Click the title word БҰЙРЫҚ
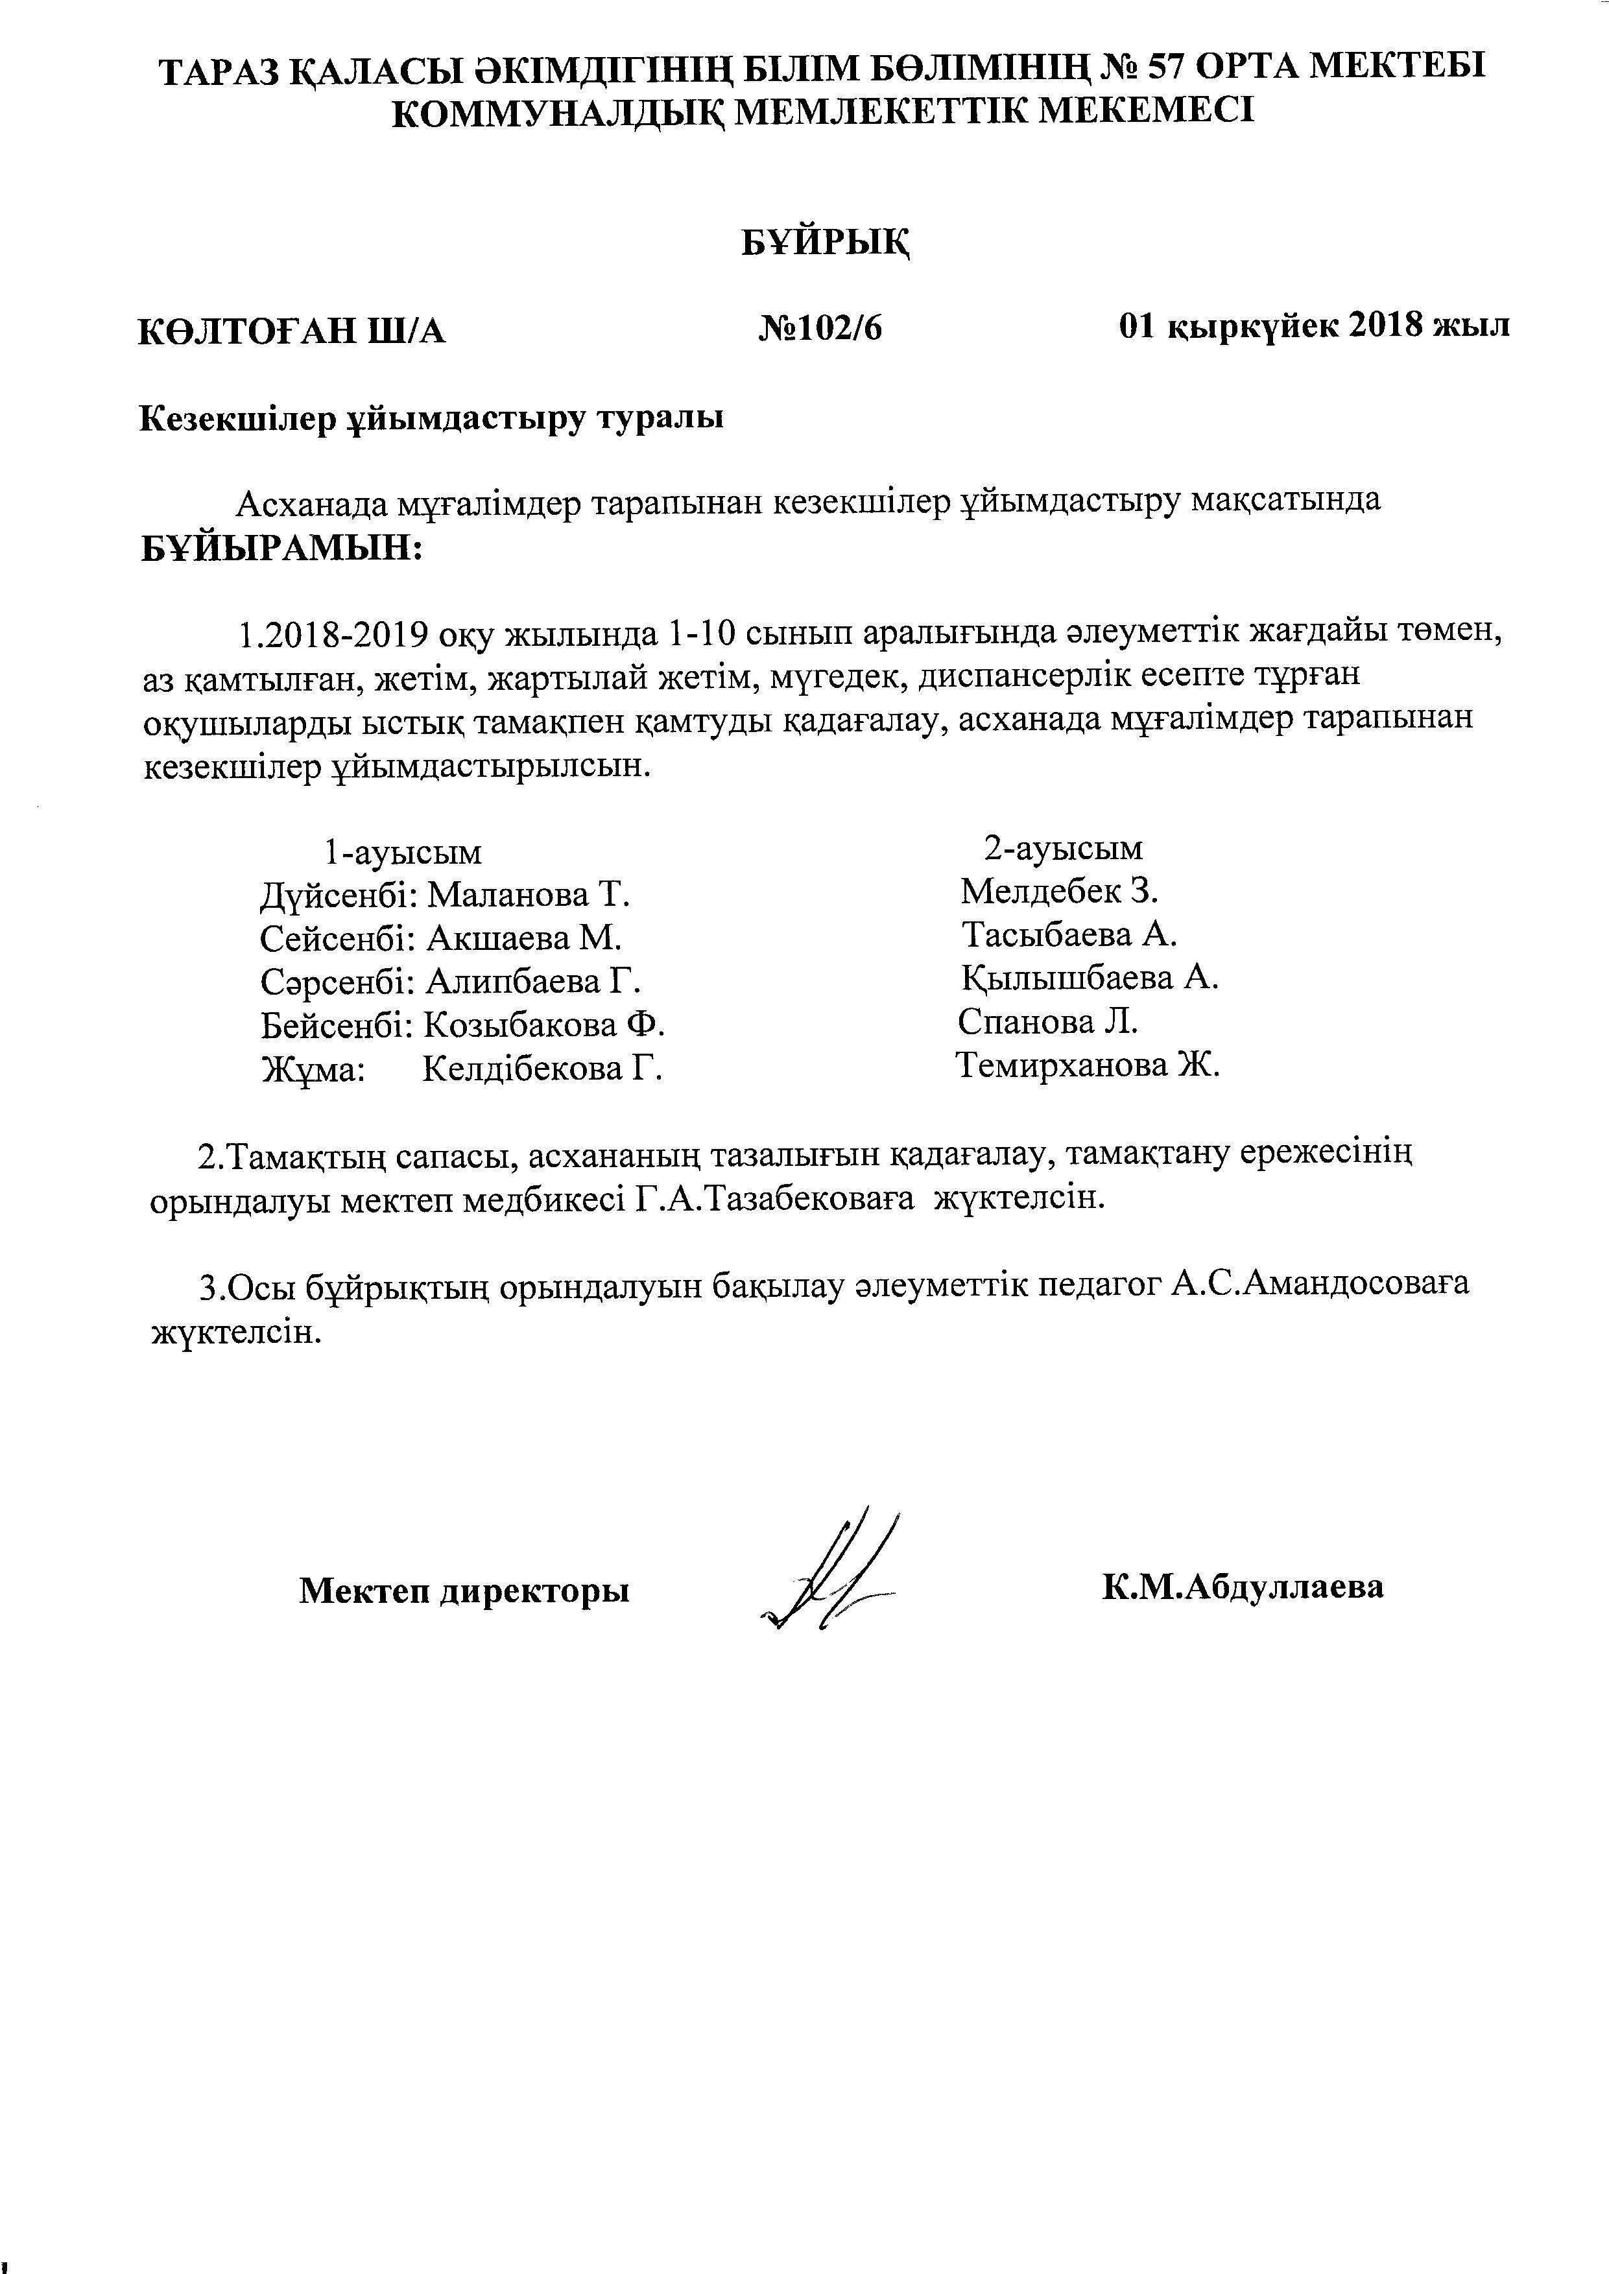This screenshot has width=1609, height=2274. pos(826,241)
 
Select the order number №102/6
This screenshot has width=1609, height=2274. pos(820,328)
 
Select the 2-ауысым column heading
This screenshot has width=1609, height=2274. pos(1063,847)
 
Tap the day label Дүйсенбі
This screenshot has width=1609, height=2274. pos(337,895)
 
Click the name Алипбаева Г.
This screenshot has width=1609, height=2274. pos(533,982)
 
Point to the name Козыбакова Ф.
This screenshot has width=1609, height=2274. pos(544,1025)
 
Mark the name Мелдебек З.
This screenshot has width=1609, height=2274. pos(1059,892)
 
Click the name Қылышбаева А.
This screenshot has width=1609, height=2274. pos(1090,978)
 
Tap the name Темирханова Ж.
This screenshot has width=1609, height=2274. pos(1088,1066)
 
